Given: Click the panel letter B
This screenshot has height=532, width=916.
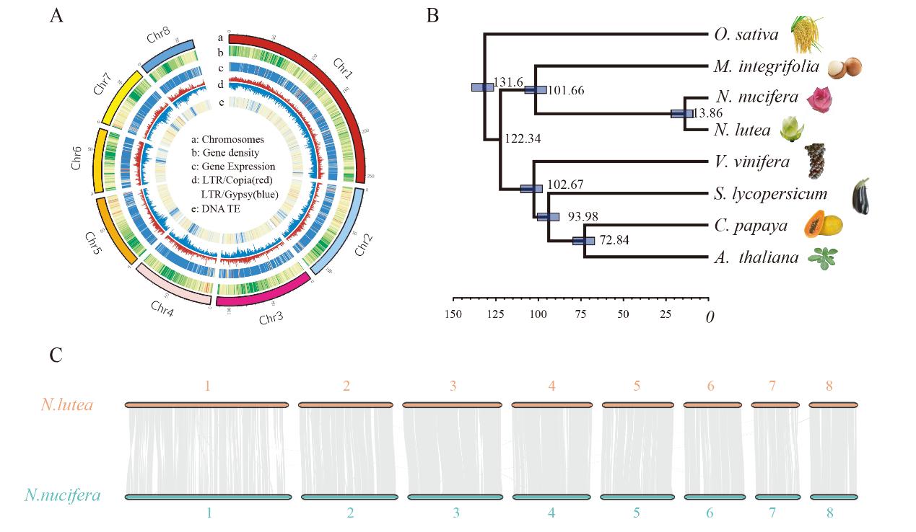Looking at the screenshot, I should coord(432,15).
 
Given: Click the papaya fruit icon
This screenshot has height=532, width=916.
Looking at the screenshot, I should coord(824,224).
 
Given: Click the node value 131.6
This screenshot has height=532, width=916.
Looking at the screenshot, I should coord(508,83).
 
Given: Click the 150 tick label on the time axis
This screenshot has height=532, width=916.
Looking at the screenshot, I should coord(453,314).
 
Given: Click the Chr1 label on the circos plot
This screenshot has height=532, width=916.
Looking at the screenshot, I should coord(342,70).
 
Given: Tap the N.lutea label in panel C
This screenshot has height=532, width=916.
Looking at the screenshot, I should coord(66,405).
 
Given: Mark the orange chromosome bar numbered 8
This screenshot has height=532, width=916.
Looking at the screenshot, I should coord(833,405).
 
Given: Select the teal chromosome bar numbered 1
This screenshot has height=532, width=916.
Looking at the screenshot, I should coord(208,497).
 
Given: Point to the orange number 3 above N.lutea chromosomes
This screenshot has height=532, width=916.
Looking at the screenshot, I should coord(453,386).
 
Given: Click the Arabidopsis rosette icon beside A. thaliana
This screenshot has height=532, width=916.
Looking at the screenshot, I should coord(820,257).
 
